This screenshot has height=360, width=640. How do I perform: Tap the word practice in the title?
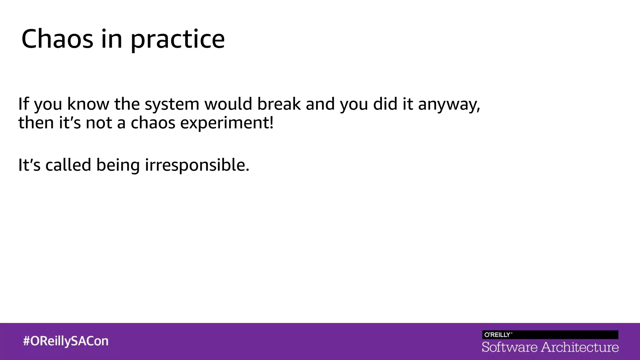[177, 40]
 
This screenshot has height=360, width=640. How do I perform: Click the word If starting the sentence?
[23, 104]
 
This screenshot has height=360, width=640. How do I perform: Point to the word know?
[88, 104]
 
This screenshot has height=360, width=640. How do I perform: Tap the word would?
[228, 104]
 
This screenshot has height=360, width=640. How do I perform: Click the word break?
[279, 104]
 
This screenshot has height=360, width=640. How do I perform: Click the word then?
[36, 122]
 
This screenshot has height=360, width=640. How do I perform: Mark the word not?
[99, 123]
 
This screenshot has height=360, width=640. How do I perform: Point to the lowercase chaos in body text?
[153, 123]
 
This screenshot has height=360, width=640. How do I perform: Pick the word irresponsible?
[197, 165]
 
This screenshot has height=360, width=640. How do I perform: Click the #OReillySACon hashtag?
[66, 341]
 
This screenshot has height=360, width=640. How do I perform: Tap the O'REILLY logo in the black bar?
[498, 335]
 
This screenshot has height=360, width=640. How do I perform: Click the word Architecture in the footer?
[580, 347]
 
